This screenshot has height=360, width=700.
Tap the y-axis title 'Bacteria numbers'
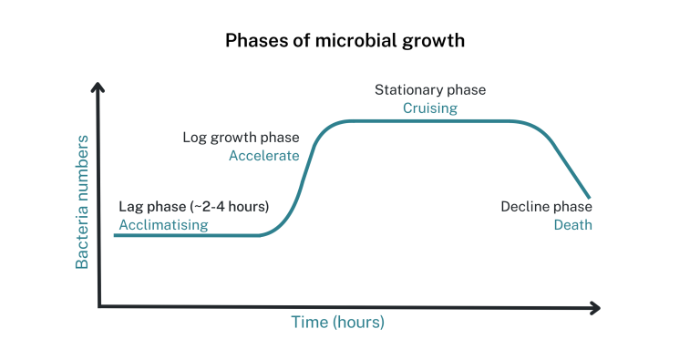coord(82,201)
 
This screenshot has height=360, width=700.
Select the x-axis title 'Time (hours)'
coord(337,322)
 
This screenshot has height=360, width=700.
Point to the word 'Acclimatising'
coord(163,224)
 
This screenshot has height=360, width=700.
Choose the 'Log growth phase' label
coord(241,138)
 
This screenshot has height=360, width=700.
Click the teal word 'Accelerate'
coord(263,155)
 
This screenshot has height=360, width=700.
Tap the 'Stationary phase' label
coord(430,90)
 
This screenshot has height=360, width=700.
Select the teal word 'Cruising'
coord(430,108)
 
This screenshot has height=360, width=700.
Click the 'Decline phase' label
coord(546,207)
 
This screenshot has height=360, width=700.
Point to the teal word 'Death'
coord(572,224)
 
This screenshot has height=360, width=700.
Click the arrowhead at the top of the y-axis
coord(98,87)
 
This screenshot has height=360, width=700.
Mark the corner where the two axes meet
coord(99,306)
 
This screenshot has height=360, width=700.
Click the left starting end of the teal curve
coord(116,235)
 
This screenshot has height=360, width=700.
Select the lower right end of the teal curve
coord(590,197)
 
